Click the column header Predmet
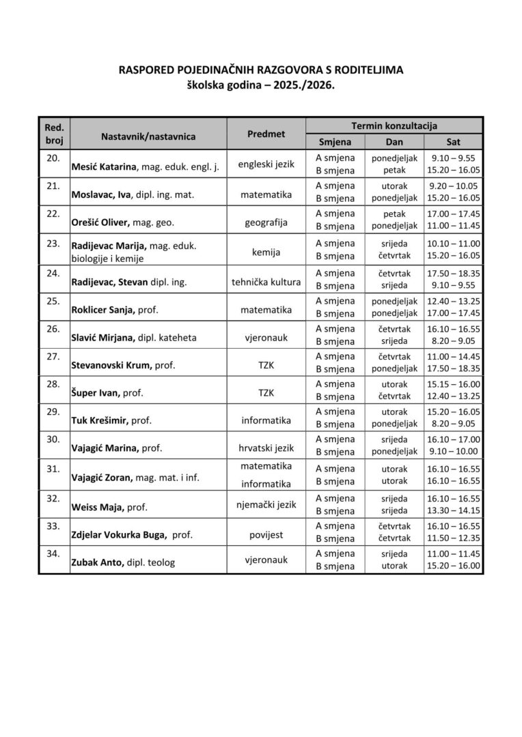(266, 134)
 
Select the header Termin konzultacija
(394, 126)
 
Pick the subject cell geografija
(266, 222)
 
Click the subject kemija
(266, 252)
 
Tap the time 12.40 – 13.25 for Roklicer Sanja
(453, 300)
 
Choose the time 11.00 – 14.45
(453, 356)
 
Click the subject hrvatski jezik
(266, 448)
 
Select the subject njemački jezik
(266, 504)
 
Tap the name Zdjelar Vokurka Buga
(118, 536)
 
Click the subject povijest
(266, 536)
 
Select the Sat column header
(453, 142)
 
